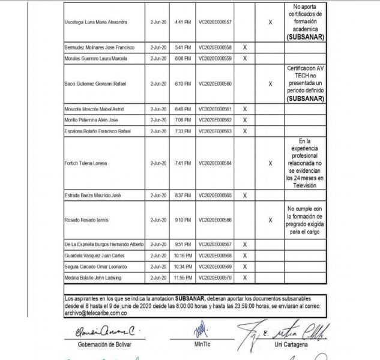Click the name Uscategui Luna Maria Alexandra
[x=95, y=22]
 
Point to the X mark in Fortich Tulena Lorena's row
[x=270, y=163]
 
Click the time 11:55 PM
[x=183, y=278]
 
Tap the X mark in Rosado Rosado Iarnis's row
[x=270, y=220]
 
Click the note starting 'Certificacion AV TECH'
[x=306, y=83]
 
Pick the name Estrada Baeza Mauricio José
[x=93, y=195]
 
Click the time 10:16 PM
[x=183, y=255]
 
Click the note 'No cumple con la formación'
[x=306, y=220]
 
